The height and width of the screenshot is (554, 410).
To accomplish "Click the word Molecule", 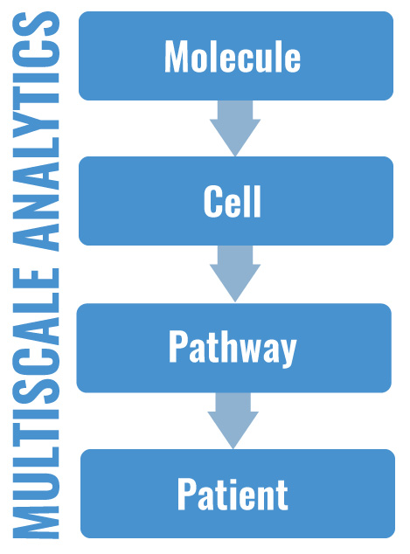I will (233, 58).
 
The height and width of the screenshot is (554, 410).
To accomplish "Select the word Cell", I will (233, 202).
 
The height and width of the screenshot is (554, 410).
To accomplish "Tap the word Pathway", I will (233, 349).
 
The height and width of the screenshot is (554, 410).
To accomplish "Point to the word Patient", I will (233, 495).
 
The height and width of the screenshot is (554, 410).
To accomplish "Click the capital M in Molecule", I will (177, 58).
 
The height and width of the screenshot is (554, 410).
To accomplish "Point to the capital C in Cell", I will (213, 202).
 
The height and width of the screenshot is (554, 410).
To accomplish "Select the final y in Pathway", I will (287, 352).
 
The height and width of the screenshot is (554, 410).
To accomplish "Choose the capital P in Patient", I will (187, 495).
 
